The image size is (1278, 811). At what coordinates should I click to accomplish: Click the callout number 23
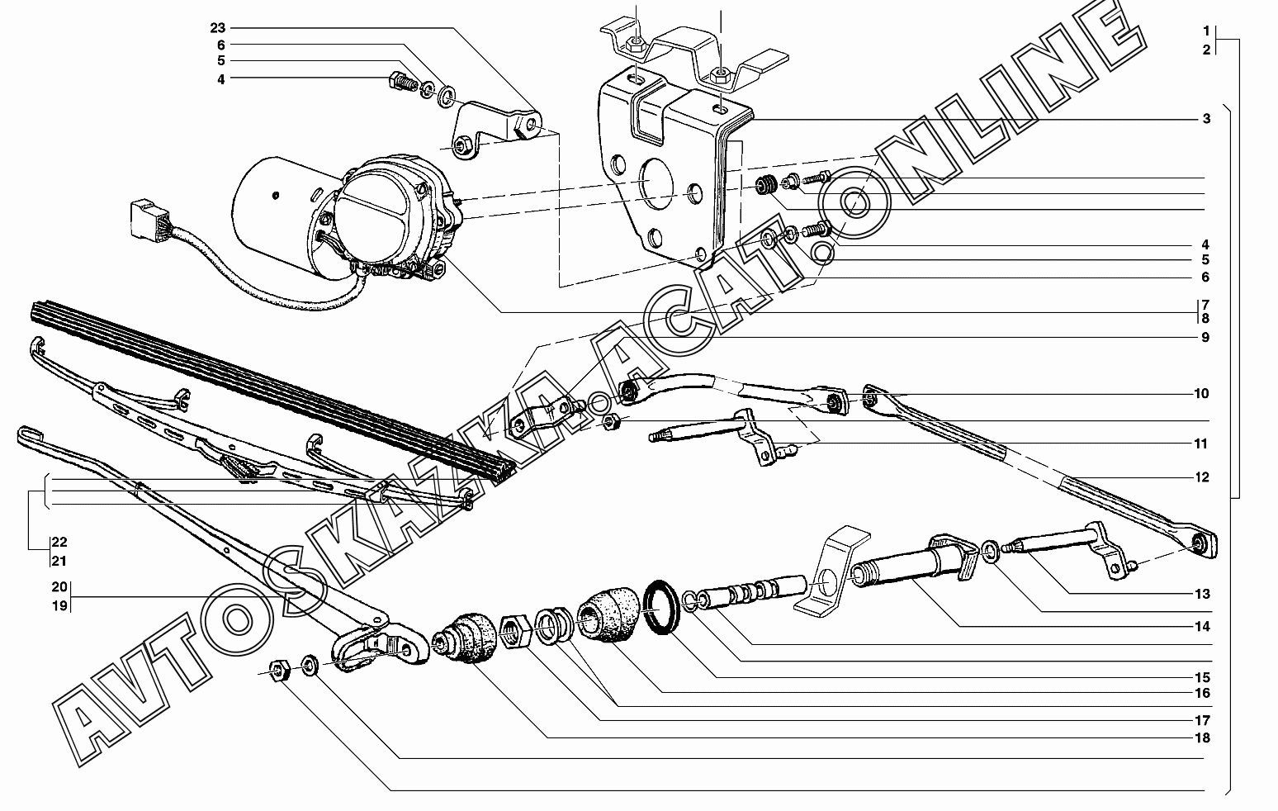tap(217, 27)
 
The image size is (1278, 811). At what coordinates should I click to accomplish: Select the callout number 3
tap(1206, 119)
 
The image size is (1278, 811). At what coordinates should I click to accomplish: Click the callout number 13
tap(1201, 594)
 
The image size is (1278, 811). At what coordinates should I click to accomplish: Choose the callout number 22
tap(59, 543)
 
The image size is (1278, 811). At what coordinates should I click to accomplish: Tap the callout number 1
tap(1206, 31)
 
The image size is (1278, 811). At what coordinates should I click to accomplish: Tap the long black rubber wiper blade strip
tap(272, 388)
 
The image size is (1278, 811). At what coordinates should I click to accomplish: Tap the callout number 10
tap(1201, 393)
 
